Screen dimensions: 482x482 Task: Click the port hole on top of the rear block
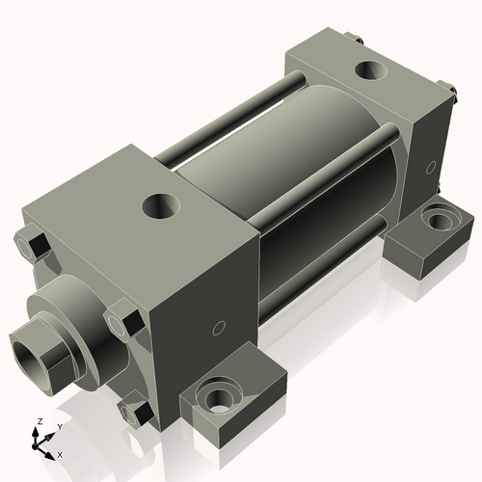tap(368, 69)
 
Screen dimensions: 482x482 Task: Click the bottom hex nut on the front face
tap(136, 412)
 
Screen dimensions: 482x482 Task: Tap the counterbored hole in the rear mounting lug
tap(439, 220)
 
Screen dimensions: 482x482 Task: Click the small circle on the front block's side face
tap(218, 329)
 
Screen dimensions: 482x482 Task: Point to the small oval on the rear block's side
tap(427, 169)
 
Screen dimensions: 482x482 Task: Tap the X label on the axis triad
tap(61, 453)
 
